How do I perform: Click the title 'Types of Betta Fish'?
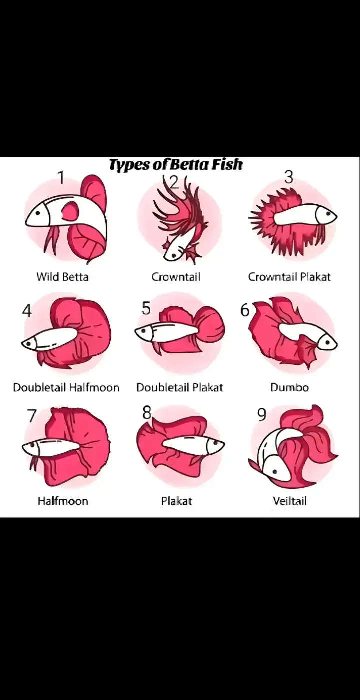pyautogui.click(x=176, y=164)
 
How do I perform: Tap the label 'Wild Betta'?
pyautogui.click(x=63, y=277)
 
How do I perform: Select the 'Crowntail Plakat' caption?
pyautogui.click(x=289, y=277)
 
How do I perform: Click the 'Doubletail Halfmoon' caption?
pyautogui.click(x=66, y=388)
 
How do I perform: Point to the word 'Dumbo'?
pyautogui.click(x=289, y=388)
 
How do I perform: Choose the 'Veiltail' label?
pyautogui.click(x=290, y=501)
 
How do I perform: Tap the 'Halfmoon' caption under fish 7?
pyautogui.click(x=63, y=501)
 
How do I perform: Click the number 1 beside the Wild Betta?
pyautogui.click(x=62, y=178)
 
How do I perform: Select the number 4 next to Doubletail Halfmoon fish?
pyautogui.click(x=27, y=310)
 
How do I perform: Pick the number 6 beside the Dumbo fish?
pyautogui.click(x=245, y=310)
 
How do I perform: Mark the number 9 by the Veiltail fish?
pyautogui.click(x=262, y=414)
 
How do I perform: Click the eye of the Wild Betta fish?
pyautogui.click(x=38, y=213)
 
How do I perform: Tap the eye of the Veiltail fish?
pyautogui.click(x=275, y=472)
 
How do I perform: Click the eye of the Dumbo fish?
pyautogui.click(x=328, y=342)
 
